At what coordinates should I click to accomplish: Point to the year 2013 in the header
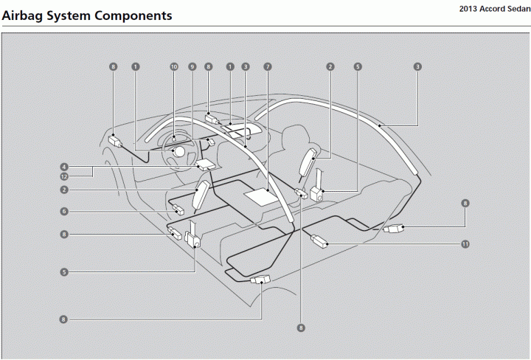(470, 9)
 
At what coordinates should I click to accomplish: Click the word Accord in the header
(494, 9)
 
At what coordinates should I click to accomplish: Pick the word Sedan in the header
(518, 9)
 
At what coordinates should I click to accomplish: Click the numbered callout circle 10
(174, 66)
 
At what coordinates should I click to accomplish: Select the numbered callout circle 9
(192, 66)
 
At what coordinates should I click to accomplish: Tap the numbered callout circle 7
(268, 66)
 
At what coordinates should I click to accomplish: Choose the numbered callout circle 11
(465, 243)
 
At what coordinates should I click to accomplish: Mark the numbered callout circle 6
(65, 212)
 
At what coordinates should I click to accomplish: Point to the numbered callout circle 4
(65, 167)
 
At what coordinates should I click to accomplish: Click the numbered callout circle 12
(65, 176)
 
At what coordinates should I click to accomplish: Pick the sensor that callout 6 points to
(178, 210)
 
